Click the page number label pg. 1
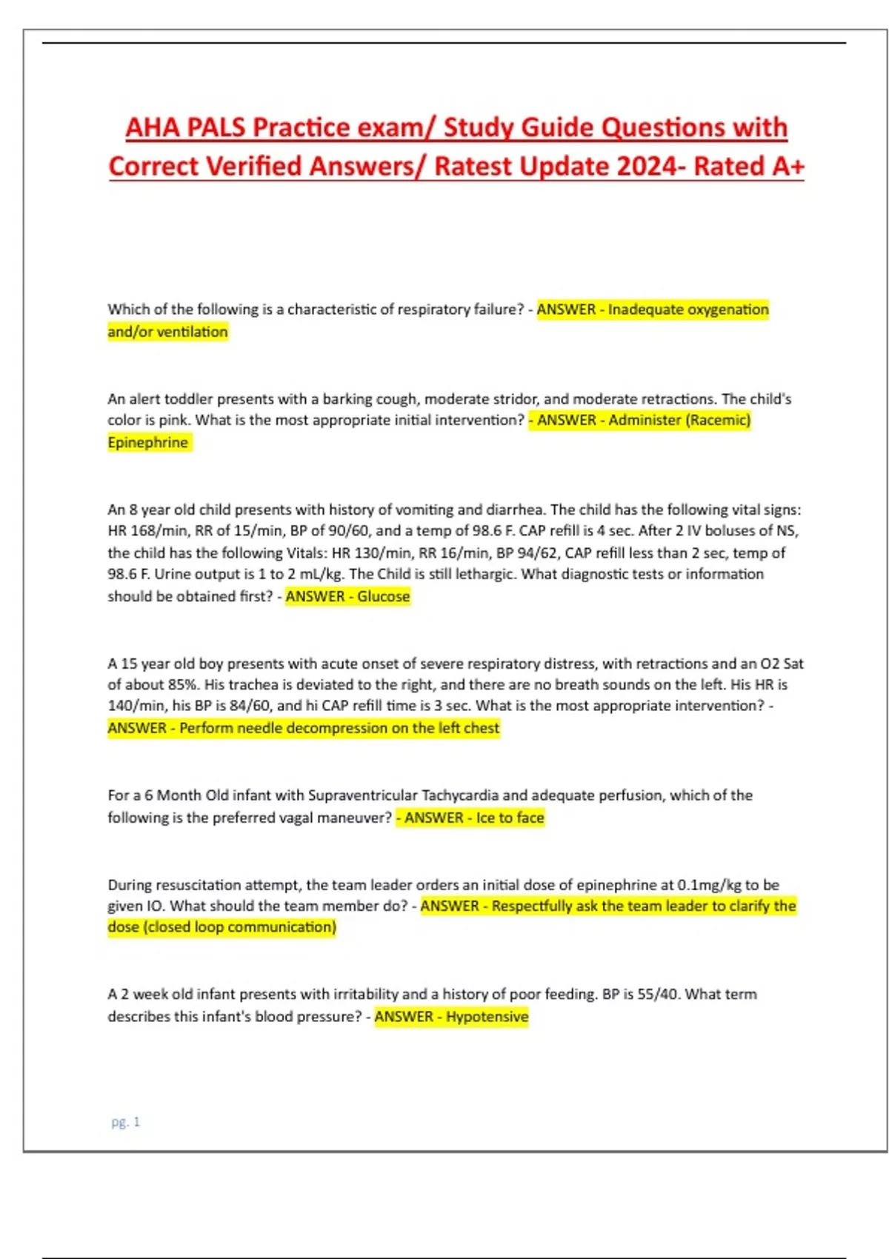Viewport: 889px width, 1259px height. point(125,1122)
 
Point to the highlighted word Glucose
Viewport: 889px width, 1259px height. point(383,596)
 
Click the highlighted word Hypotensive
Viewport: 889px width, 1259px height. point(487,1016)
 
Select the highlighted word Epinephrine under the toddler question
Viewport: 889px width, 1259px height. point(147,442)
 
